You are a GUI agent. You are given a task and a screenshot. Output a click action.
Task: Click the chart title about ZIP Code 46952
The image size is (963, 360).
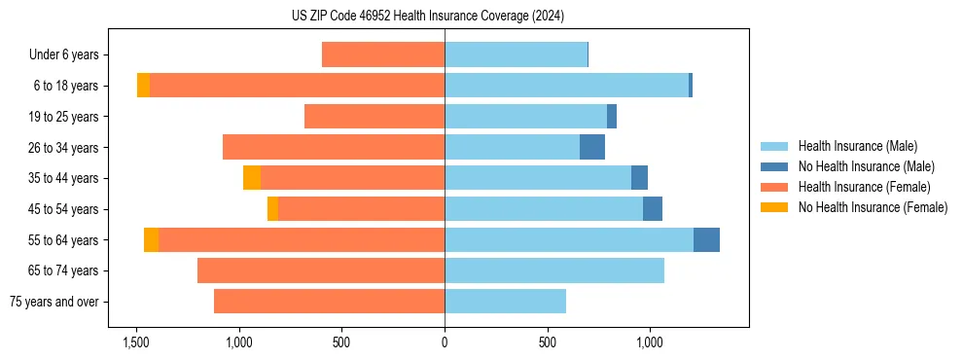(x=428, y=16)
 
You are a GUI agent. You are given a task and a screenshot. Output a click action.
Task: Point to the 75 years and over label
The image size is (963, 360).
(x=54, y=302)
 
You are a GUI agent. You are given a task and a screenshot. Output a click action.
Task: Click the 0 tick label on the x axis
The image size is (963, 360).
(x=445, y=342)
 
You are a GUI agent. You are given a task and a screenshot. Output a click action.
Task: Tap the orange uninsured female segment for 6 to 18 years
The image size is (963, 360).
(x=143, y=86)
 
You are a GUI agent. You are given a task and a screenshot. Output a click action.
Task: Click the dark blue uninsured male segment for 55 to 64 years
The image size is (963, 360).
(x=706, y=239)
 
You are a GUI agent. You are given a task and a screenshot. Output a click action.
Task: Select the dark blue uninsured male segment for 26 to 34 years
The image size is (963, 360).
(x=592, y=147)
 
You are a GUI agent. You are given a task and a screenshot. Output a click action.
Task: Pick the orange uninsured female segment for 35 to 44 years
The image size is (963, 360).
(x=252, y=178)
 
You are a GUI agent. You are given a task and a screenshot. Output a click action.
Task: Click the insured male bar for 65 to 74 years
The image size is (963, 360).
(x=554, y=270)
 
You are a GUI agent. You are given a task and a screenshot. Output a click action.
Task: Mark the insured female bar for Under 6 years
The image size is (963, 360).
(x=383, y=55)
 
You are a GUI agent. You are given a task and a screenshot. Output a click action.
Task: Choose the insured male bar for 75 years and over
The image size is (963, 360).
(x=505, y=302)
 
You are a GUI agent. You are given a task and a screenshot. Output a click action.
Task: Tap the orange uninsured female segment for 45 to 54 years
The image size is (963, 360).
(x=272, y=209)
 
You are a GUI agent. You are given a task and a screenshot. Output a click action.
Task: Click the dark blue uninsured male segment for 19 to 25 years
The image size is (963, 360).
(x=612, y=117)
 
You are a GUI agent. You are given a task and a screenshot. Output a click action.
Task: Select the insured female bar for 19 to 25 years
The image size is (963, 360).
(x=374, y=117)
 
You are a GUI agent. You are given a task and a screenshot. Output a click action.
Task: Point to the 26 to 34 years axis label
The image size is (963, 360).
(x=64, y=148)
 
